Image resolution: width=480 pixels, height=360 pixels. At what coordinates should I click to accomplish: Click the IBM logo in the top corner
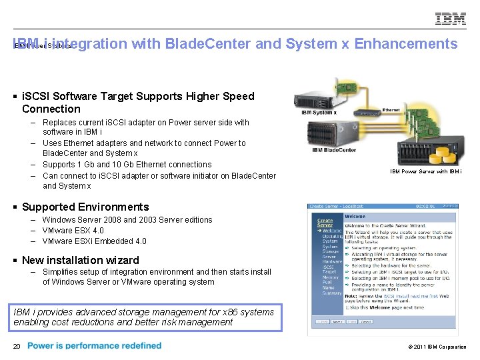(x=451, y=19)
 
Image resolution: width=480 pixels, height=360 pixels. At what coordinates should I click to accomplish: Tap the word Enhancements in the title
(x=406, y=44)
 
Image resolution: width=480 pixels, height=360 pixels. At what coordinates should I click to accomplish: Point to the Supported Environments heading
(x=85, y=207)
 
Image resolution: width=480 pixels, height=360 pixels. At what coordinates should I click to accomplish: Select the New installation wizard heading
(x=81, y=260)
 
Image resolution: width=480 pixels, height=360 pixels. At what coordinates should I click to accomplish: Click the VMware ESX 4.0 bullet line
(x=73, y=230)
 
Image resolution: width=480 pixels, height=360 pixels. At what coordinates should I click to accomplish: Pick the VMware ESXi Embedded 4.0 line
(x=94, y=241)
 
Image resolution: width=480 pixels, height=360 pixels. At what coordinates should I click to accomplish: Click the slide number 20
(x=17, y=345)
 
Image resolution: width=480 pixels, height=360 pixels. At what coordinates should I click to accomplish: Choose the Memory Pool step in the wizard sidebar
(x=331, y=280)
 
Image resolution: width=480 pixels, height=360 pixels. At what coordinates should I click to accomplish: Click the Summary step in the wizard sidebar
(x=331, y=293)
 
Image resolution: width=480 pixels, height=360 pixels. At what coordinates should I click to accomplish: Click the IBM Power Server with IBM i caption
(x=426, y=171)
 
